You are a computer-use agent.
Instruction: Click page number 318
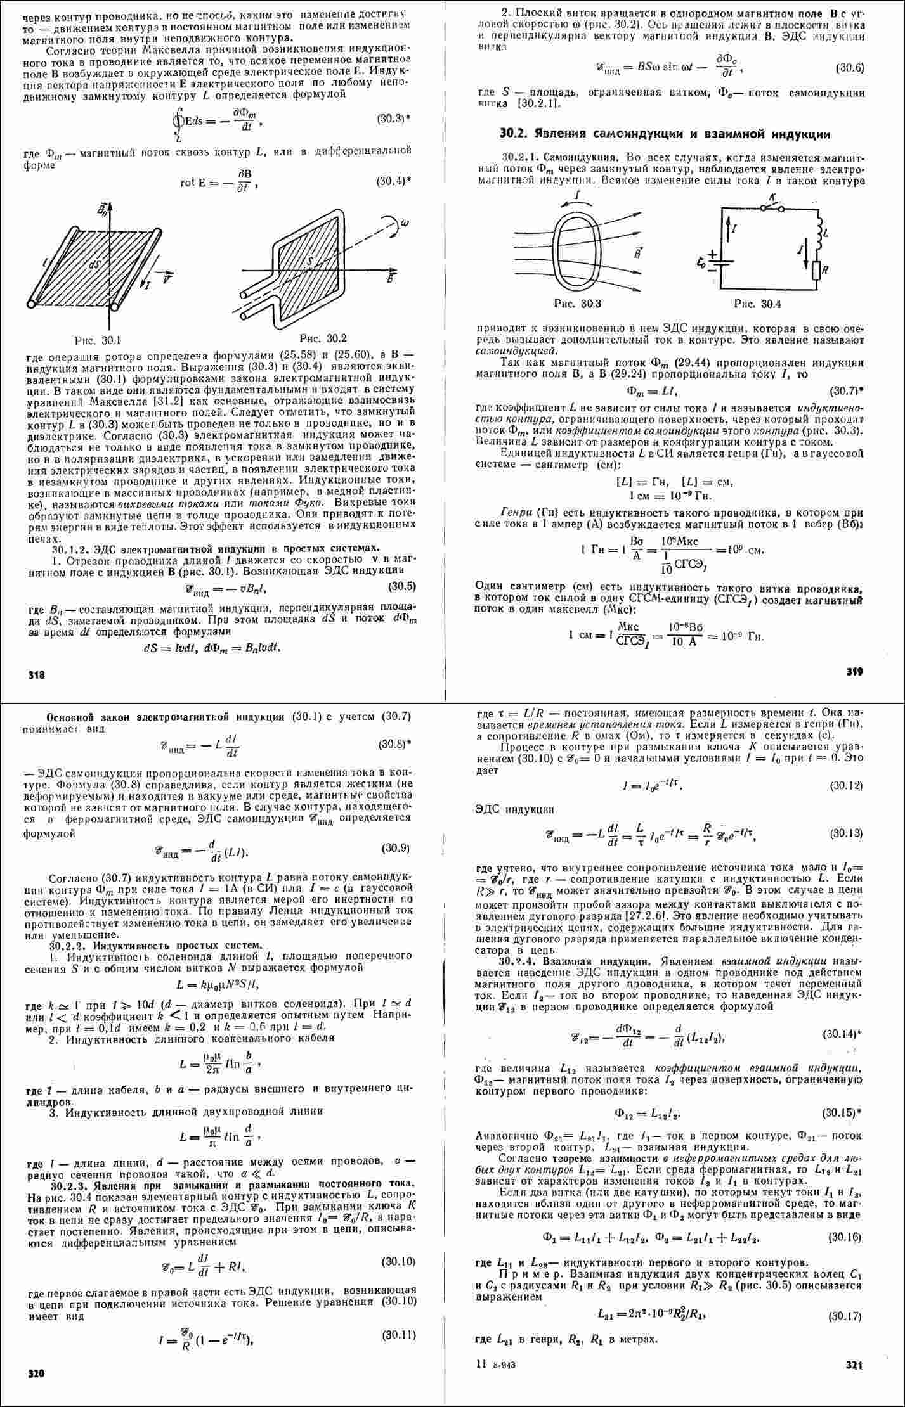pos(36,676)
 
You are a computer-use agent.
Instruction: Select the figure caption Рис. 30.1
pos(94,340)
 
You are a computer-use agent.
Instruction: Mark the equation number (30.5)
pos(401,586)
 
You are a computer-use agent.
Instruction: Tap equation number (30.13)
pos(846,833)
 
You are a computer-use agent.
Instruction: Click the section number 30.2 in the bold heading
pos(511,134)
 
